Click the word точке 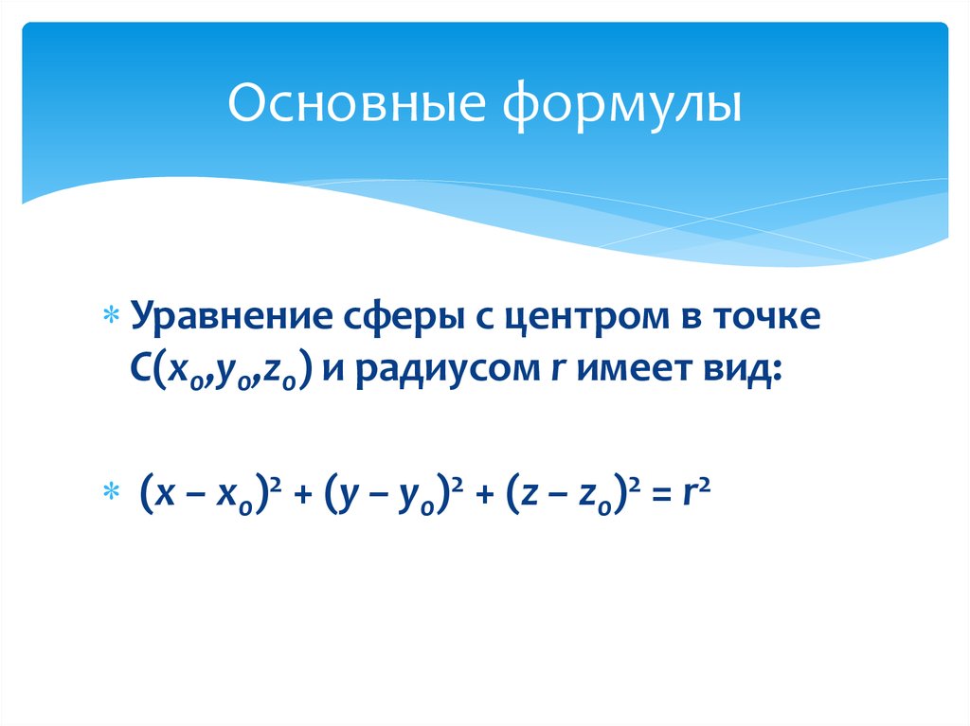click(x=758, y=316)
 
